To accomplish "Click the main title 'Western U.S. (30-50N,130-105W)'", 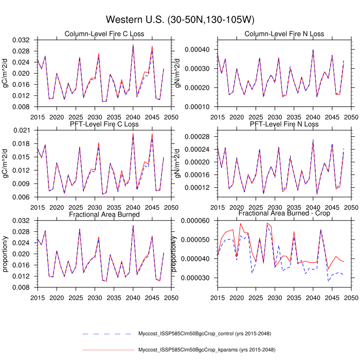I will coord(180,20).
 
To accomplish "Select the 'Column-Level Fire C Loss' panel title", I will coord(104,34).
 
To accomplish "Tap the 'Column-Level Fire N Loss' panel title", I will coord(284,34).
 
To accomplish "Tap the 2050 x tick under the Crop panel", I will coord(351,298).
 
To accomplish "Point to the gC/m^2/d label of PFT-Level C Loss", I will coord(6,164).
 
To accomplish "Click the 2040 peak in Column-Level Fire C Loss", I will coord(133,45).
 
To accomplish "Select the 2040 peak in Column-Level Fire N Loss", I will coord(313,50).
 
